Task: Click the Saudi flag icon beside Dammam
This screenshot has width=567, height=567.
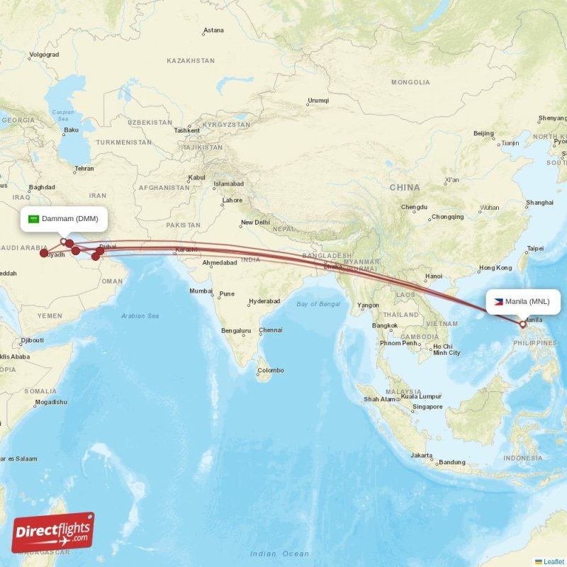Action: tap(33, 218)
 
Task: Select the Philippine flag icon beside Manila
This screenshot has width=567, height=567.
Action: tap(498, 301)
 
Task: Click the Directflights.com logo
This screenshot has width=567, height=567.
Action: tap(53, 533)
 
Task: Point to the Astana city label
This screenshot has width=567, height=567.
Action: tap(213, 30)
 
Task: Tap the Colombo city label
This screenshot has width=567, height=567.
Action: tap(270, 370)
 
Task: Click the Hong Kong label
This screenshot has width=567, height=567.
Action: tap(495, 268)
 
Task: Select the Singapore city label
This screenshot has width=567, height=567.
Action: tap(428, 407)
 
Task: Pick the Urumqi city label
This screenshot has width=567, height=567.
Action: tap(318, 100)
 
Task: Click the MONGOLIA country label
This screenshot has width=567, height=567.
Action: tap(410, 82)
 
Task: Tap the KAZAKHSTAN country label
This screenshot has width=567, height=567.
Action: tap(191, 61)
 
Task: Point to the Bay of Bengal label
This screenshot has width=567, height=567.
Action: tap(318, 304)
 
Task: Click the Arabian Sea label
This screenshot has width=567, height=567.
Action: tap(140, 315)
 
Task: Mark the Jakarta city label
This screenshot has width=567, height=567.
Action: tap(422, 455)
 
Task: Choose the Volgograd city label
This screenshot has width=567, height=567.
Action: tap(44, 55)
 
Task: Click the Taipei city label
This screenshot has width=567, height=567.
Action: tap(535, 248)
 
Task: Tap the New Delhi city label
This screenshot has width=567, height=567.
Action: tap(255, 223)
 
